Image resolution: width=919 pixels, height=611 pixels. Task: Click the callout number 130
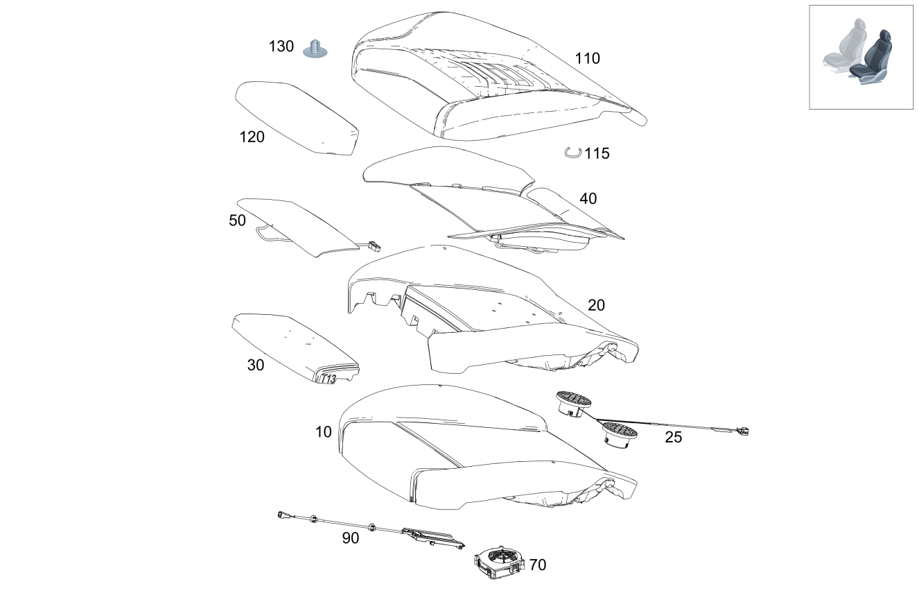[281, 47]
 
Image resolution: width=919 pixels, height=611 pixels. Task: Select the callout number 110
[587, 58]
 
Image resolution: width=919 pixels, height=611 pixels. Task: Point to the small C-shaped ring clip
[572, 153]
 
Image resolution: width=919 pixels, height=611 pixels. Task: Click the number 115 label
[597, 154]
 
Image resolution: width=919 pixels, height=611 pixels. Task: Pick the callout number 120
[252, 137]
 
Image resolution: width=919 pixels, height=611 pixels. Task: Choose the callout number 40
[588, 199]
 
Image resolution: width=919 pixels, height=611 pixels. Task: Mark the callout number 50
[237, 221]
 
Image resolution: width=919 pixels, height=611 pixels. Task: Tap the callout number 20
[596, 305]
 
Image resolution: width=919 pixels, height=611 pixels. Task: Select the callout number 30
[256, 365]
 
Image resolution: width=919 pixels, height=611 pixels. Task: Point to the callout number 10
[324, 432]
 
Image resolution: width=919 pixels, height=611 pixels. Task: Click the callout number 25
[673, 438]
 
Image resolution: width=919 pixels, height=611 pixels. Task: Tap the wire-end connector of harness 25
[744, 432]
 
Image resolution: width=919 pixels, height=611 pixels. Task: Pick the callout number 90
[351, 538]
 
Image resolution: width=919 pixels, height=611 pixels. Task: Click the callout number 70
[537, 565]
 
